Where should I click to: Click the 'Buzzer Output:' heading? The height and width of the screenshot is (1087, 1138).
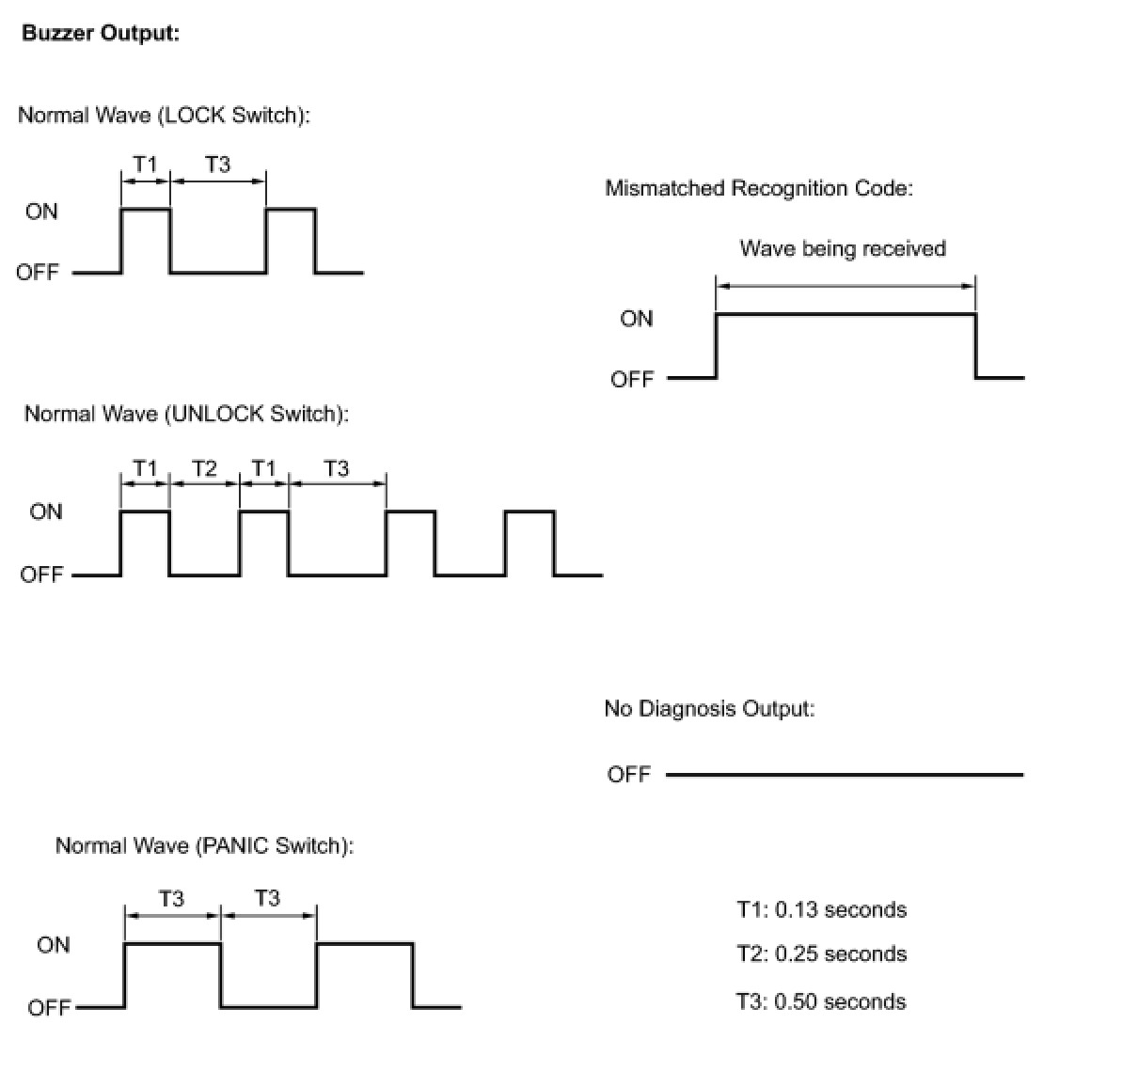pos(101,33)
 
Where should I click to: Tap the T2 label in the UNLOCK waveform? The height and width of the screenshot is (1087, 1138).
pos(204,467)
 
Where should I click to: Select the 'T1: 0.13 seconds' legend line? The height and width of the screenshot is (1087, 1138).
pos(821,909)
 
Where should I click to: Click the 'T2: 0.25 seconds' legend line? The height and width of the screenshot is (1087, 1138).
pos(821,953)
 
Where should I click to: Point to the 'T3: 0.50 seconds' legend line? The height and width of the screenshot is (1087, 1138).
pos(821,1001)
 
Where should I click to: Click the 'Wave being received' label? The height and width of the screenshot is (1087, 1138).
pos(843,248)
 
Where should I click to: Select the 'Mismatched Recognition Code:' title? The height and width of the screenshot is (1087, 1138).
pos(759,188)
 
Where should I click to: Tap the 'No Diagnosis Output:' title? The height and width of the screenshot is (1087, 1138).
pos(709,708)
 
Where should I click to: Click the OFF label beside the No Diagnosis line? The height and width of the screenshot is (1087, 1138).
pos(629,775)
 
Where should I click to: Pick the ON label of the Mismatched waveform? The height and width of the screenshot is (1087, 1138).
pos(637,319)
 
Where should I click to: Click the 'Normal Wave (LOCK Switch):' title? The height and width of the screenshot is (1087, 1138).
pos(164,115)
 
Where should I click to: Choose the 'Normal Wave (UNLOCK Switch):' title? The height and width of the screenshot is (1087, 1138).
pos(186,414)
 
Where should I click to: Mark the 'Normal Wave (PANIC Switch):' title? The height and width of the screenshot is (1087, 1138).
pos(204,845)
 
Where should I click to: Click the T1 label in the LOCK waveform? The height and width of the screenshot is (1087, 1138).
pos(145,165)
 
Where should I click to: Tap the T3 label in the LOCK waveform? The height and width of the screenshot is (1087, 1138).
pos(217,165)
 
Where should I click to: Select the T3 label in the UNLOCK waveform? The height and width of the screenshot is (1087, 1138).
pos(336,467)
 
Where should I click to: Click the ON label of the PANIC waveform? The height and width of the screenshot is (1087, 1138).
pos(54,944)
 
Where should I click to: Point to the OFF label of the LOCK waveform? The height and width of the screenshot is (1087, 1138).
pos(38,273)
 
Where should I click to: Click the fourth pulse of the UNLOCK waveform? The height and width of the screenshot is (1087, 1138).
pos(530,541)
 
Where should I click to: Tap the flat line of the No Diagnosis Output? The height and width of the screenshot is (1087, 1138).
pos(845,775)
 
